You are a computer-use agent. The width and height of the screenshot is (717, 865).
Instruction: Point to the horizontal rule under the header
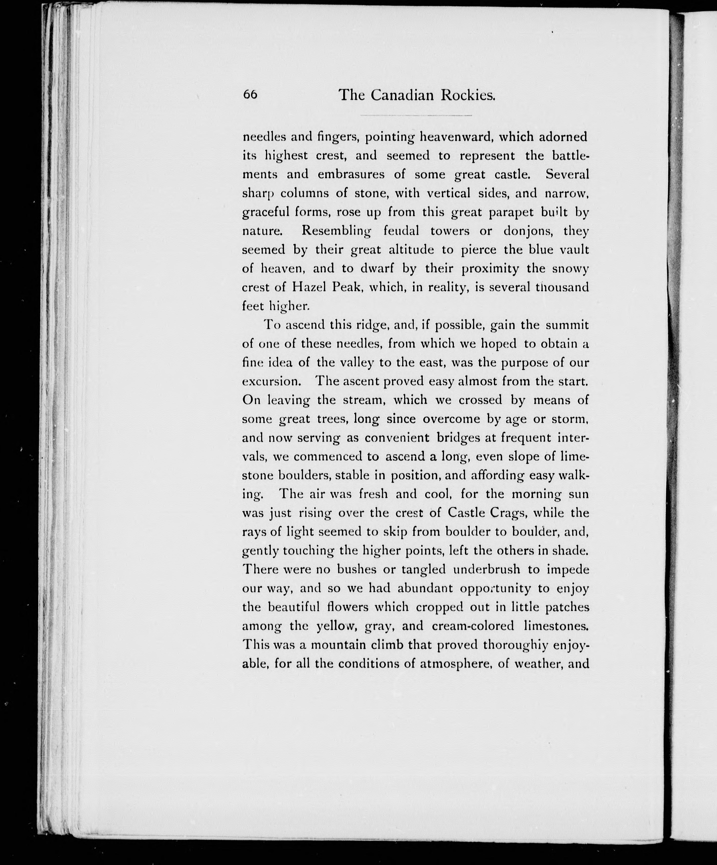click(x=416, y=115)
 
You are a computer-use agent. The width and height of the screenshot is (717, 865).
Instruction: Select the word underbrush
click(x=486, y=570)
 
